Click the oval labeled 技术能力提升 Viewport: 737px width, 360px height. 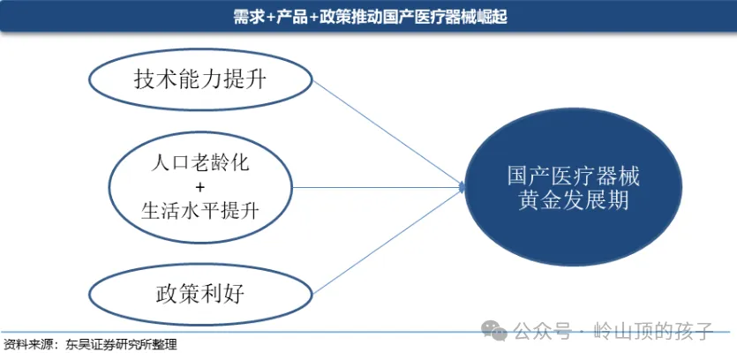click(200, 80)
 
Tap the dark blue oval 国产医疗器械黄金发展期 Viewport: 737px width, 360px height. click(574, 187)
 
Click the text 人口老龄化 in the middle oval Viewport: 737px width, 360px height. click(202, 163)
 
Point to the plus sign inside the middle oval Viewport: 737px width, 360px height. click(200, 187)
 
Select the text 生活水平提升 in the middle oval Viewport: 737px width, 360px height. click(202, 211)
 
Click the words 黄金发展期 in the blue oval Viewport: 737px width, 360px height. click(574, 200)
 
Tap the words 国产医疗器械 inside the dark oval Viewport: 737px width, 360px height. click(574, 176)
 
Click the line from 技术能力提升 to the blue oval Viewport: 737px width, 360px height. click(388, 132)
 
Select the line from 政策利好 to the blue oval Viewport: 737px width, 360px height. click(388, 239)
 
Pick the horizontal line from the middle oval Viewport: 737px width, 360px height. click(380, 187)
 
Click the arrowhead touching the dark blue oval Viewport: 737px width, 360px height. click(462, 187)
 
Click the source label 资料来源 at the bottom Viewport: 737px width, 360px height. click(26, 345)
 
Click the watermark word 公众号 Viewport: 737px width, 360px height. click(540, 333)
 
